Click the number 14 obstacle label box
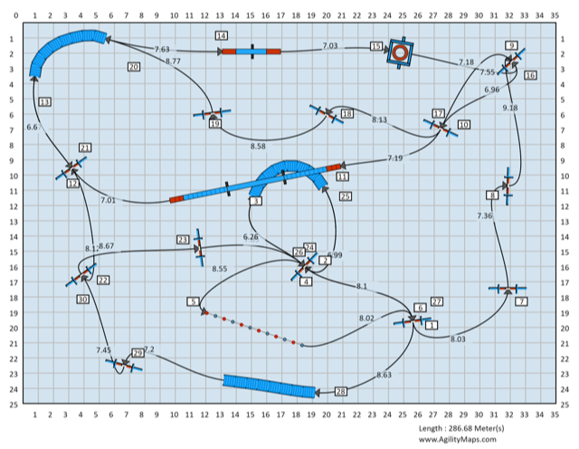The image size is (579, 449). pos(222,34)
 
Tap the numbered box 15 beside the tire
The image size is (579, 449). pos(376,46)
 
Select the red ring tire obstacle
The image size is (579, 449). pos(400,53)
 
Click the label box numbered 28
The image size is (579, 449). pos(341,391)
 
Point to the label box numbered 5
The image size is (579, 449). pos(194,301)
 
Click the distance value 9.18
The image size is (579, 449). pos(510,108)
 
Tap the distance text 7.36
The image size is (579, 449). pos(485,215)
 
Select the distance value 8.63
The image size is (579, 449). pos(384,374)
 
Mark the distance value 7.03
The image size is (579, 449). pos(329,46)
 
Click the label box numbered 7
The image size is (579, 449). pos(522,301)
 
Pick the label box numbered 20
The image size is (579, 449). pos(134,67)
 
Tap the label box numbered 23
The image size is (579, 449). pos(183,239)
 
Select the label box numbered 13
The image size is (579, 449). pos(44,101)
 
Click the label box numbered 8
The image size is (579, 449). pos(493,195)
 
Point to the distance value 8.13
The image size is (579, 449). pos(379,119)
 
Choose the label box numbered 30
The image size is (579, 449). pos(83,299)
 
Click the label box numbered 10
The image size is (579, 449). pos(463,124)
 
